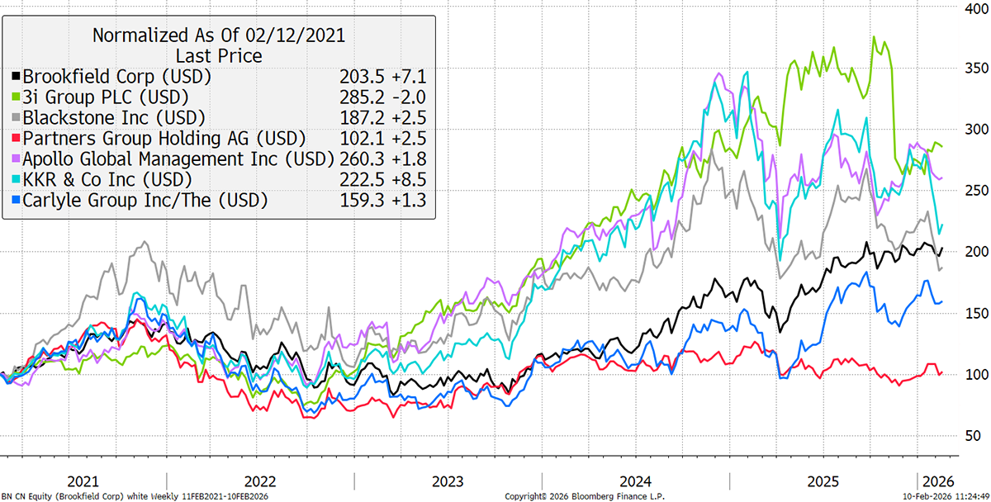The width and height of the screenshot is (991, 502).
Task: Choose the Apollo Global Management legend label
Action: point(178,158)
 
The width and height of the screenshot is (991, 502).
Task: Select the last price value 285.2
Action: point(359,97)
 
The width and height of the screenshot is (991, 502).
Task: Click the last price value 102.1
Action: point(359,138)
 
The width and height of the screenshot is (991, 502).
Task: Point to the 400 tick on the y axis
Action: point(973,7)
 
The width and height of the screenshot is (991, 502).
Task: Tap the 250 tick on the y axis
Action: point(973,191)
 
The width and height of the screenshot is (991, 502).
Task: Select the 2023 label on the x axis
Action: point(448,481)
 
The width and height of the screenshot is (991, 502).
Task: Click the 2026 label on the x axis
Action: point(939,481)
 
